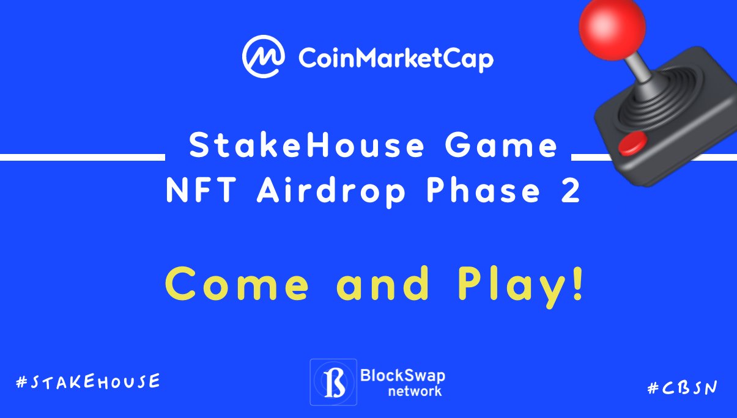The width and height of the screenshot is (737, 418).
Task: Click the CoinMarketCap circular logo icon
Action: [x=264, y=57]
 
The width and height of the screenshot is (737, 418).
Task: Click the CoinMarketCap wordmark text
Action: [x=396, y=59]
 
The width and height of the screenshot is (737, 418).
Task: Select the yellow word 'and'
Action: [x=383, y=284]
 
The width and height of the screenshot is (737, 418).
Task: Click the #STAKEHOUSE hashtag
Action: [x=88, y=382]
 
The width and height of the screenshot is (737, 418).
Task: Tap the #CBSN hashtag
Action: [x=682, y=387]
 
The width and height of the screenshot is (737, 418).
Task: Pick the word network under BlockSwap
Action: [x=415, y=391]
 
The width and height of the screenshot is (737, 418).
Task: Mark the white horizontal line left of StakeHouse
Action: [x=82, y=157]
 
